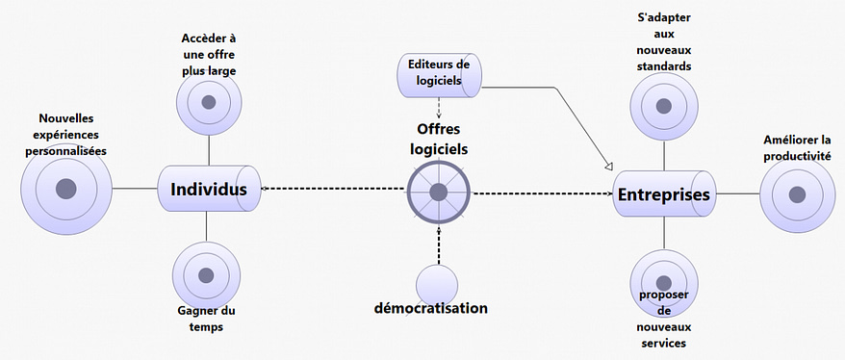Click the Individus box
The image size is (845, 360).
[x=208, y=189]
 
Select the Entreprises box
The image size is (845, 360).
[x=664, y=194]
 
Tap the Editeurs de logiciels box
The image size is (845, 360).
[x=441, y=75]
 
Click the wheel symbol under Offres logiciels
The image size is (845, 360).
[x=438, y=192]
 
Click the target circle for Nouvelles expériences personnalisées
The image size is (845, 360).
[x=65, y=189]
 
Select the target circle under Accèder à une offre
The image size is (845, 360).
[x=209, y=103]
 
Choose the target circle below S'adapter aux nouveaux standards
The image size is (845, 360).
[x=664, y=106]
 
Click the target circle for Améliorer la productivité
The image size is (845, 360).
[x=796, y=193]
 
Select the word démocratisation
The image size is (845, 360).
[x=431, y=309]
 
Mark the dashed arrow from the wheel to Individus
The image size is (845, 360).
[x=332, y=189]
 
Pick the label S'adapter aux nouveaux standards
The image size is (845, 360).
[x=665, y=41]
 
